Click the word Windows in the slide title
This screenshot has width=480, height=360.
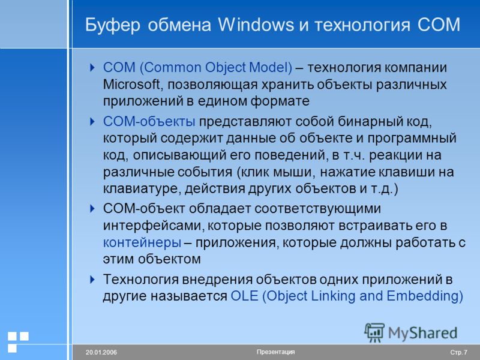pyautogui.click(x=256, y=25)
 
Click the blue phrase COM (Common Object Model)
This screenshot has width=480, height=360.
pyautogui.click(x=197, y=67)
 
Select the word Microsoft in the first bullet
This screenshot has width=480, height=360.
pyautogui.click(x=131, y=84)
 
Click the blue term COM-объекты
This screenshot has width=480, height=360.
pyautogui.click(x=149, y=122)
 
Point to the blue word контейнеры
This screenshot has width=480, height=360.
pyautogui.click(x=142, y=242)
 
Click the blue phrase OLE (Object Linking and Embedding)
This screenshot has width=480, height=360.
pyautogui.click(x=347, y=296)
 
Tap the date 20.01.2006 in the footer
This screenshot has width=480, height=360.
pyautogui.click(x=101, y=352)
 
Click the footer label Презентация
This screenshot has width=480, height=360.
pyautogui.click(x=275, y=352)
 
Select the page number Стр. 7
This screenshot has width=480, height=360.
pyautogui.click(x=458, y=352)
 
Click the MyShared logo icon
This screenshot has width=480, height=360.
pyautogui.click(x=374, y=332)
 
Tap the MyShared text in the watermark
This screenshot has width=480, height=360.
pyautogui.click(x=422, y=333)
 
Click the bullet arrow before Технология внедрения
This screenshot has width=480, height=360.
pyautogui.click(x=92, y=280)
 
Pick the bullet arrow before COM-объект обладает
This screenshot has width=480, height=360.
pyautogui.click(x=92, y=209)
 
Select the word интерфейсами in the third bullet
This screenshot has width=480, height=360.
pyautogui.click(x=154, y=226)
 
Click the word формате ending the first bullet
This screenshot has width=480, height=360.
pyautogui.click(x=280, y=101)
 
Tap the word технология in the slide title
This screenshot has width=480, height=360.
pyautogui.click(x=362, y=25)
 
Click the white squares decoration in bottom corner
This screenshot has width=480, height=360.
pyautogui.click(x=18, y=341)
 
